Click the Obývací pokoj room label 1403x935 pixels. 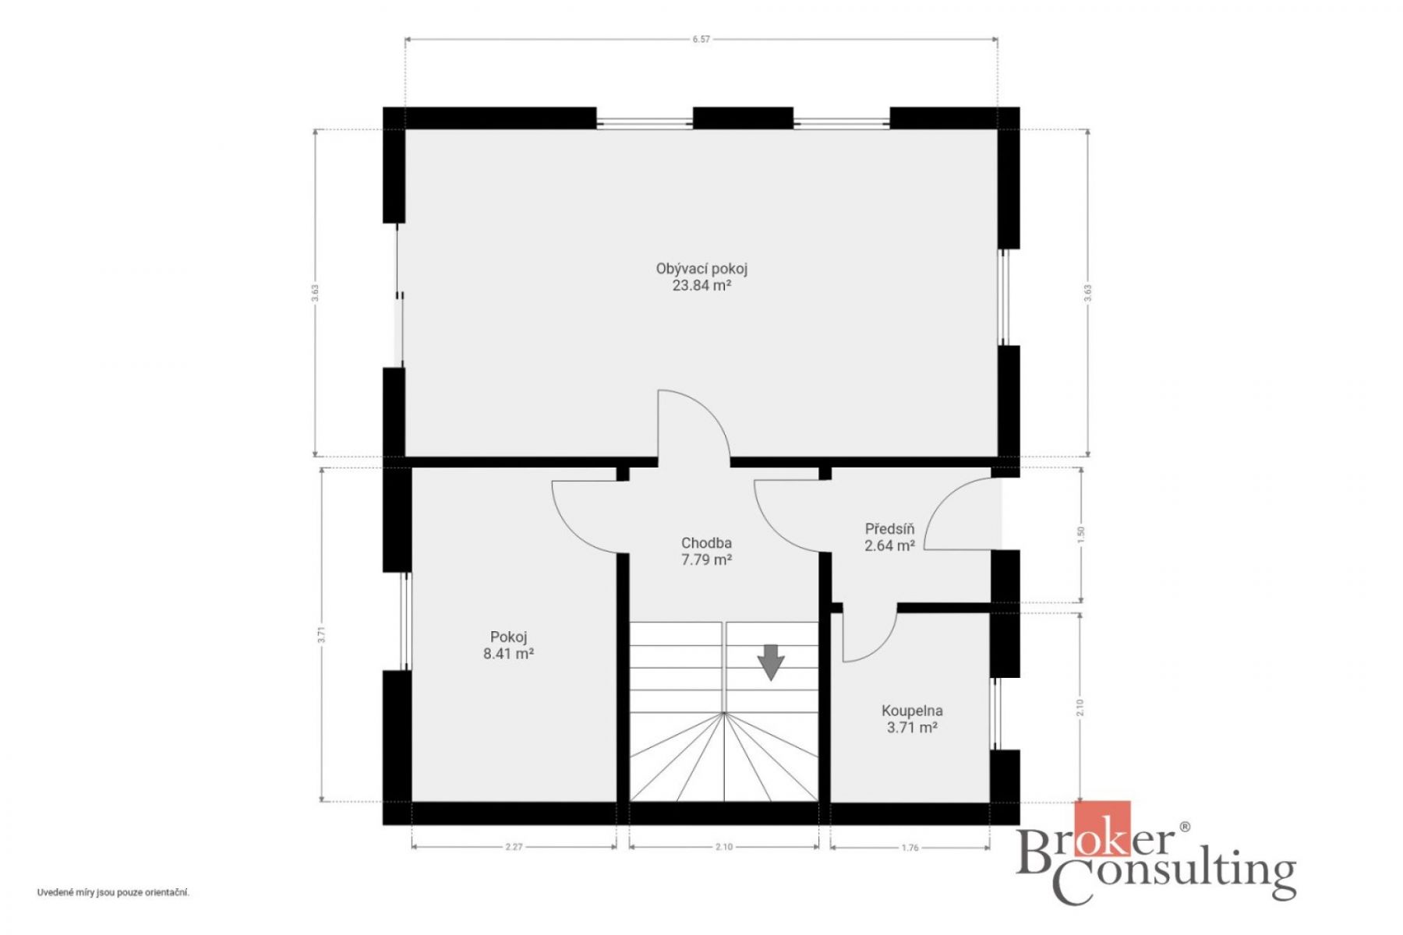point(701,270)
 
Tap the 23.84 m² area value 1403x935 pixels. point(701,286)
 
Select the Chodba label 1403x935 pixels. point(706,543)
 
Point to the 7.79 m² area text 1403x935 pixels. point(706,559)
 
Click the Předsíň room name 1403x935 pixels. point(889,529)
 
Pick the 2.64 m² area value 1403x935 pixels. point(889,546)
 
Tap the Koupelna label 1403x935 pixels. point(912,711)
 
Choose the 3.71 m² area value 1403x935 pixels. point(912,728)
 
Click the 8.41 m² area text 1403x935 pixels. point(508,654)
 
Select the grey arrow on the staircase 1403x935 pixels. point(772,662)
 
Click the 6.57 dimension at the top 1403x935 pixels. point(701,39)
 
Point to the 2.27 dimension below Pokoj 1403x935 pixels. point(514,847)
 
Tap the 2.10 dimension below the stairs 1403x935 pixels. point(724,847)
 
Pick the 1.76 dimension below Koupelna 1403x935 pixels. point(910,847)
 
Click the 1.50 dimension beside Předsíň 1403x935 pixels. point(1080,535)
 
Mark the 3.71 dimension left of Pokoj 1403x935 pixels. point(320,635)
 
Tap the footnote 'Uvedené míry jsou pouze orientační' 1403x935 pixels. point(113,893)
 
